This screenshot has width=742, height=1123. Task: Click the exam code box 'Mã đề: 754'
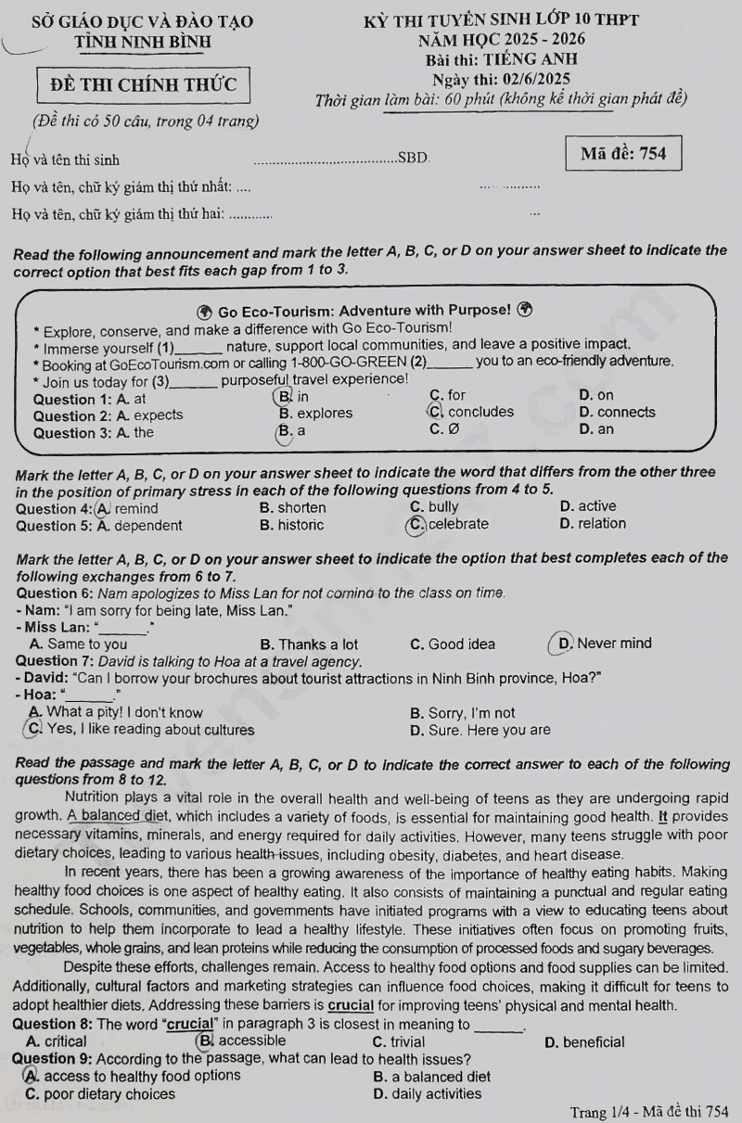623,154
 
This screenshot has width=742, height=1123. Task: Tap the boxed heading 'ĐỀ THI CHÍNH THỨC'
143,85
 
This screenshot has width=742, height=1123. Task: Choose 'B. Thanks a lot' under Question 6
309,644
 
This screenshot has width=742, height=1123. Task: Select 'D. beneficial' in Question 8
584,1042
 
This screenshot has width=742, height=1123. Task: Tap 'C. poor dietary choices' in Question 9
100,1094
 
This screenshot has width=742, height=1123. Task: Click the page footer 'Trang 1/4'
600,1112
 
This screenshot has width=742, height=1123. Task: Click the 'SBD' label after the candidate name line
413,159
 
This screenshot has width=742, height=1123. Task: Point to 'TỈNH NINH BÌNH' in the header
143,42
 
